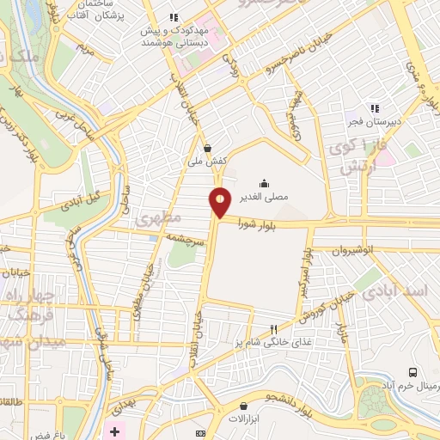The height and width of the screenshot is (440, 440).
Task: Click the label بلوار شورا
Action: pos(263,226)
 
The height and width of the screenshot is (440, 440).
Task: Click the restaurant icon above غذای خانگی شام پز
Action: pos(274,329)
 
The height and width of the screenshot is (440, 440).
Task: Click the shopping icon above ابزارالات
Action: pos(244,406)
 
